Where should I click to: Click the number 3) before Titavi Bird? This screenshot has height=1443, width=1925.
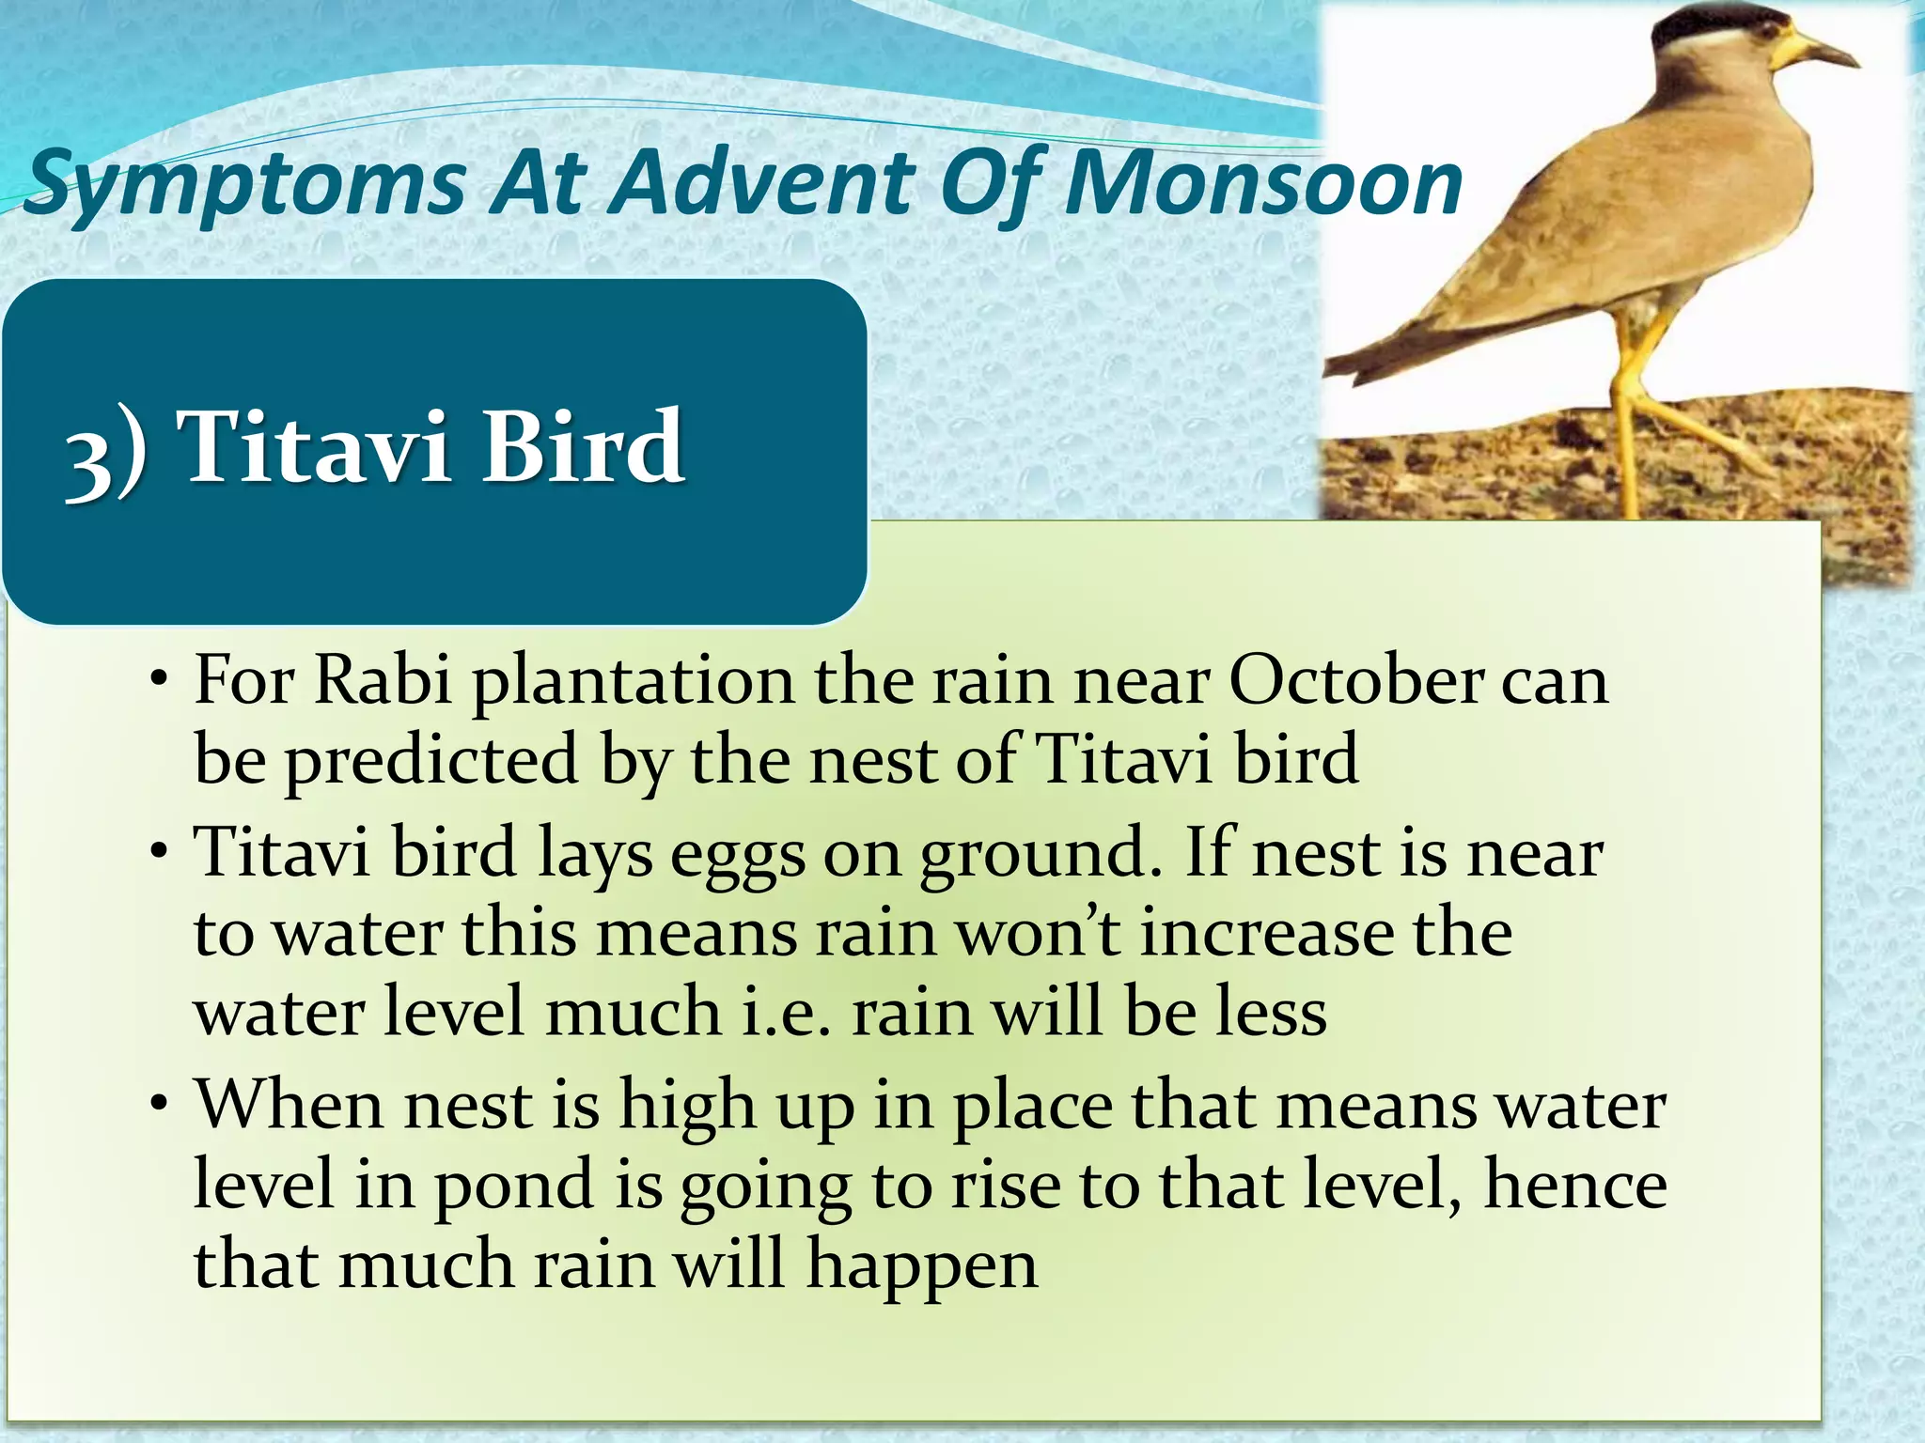tap(105, 455)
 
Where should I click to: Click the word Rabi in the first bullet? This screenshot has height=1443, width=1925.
tap(383, 680)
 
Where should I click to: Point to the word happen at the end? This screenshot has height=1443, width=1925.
tap(922, 1266)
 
